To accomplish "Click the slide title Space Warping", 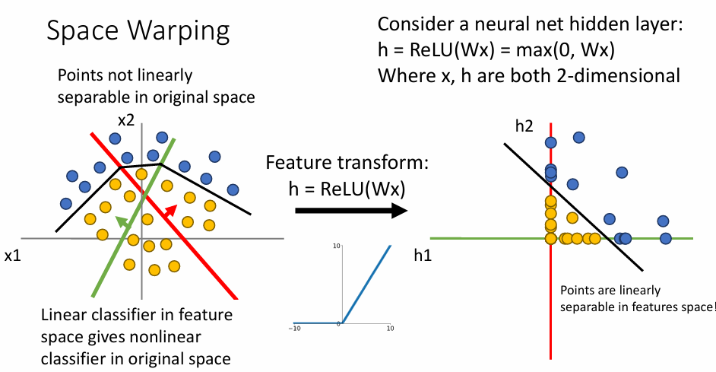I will (138, 31).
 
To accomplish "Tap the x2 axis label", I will (125, 120).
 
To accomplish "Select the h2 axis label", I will (524, 126).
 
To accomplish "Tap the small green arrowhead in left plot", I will (120, 219).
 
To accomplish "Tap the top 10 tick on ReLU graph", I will (334, 246).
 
